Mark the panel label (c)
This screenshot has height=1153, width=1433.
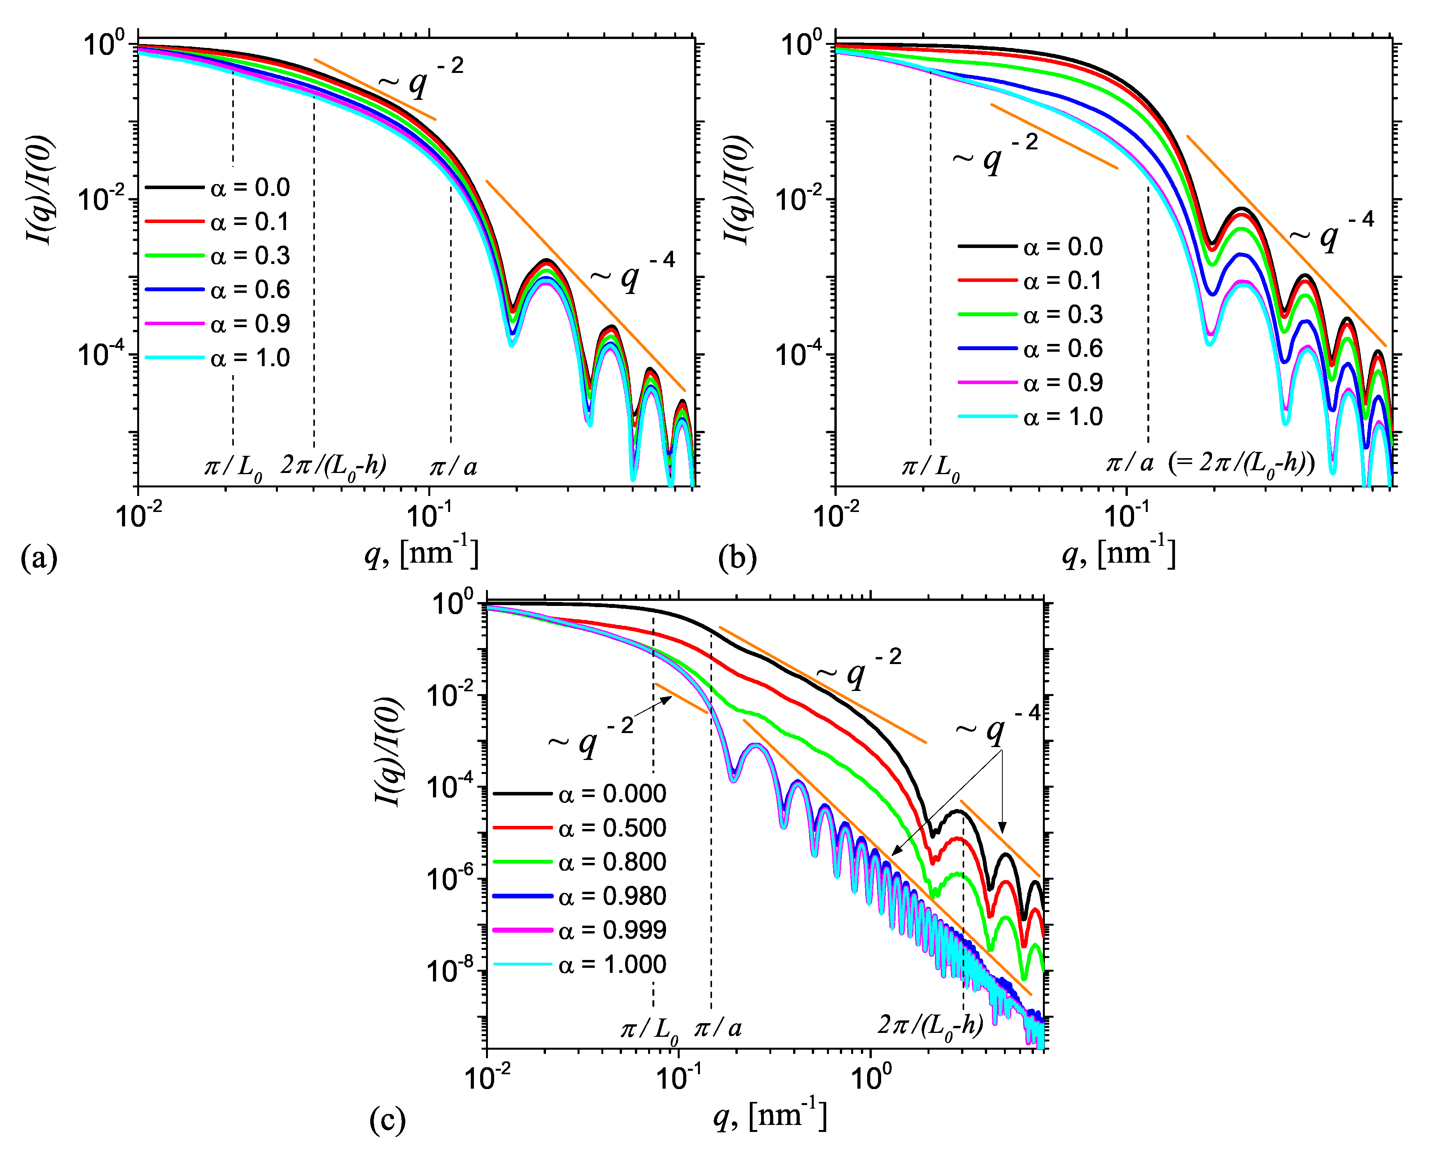(387, 1120)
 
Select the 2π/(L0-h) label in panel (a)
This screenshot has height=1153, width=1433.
(334, 466)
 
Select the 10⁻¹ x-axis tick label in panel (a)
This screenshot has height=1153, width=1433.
(429, 514)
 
